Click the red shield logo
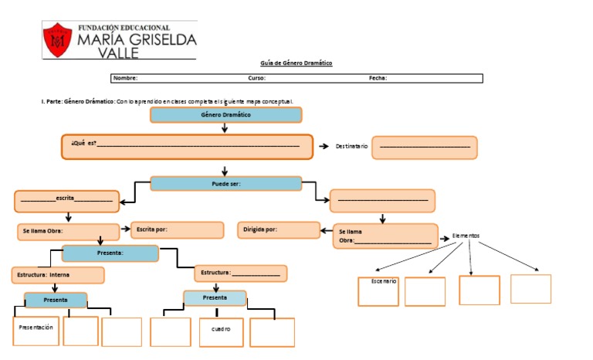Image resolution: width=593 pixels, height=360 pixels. click(57, 40)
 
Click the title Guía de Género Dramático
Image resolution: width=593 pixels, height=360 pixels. click(296, 63)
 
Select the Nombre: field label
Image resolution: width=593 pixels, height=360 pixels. click(125, 78)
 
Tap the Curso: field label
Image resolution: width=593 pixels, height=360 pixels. click(257, 78)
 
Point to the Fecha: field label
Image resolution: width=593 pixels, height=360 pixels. click(378, 78)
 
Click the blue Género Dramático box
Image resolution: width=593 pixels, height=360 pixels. click(225, 115)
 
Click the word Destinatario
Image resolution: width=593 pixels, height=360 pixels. click(351, 146)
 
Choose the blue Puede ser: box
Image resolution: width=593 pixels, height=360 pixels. click(225, 184)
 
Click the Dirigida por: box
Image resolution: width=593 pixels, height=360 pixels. click(279, 230)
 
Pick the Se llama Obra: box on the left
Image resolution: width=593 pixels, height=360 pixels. click(68, 231)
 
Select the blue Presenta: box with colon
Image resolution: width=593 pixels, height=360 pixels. click(110, 253)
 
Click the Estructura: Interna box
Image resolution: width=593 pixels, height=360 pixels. click(58, 275)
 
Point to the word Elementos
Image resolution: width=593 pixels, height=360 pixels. click(466, 235)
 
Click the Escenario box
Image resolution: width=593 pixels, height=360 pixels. click(378, 291)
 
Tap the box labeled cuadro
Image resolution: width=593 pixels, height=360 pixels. click(221, 331)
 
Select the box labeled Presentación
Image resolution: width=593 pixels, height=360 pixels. click(36, 331)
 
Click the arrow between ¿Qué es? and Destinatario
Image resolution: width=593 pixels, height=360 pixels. click(324, 146)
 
